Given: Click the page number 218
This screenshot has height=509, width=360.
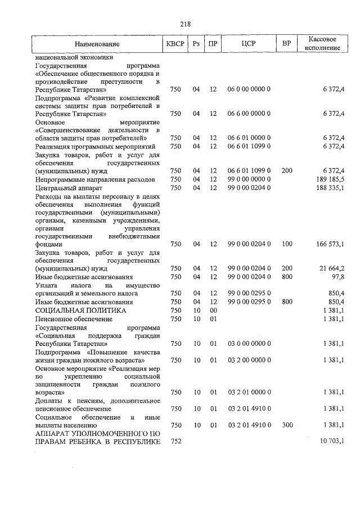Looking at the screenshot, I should tap(186, 24).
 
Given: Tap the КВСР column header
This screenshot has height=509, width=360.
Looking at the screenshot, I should tap(175, 44).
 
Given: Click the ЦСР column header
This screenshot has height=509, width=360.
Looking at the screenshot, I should tap(249, 44).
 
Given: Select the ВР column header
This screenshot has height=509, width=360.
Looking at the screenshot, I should tap(287, 44).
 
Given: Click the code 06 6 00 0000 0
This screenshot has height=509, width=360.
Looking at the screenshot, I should tap(249, 114).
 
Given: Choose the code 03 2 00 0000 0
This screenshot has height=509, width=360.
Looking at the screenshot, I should tap(249, 359).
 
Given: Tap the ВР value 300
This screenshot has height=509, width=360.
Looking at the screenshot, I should tap(287, 425).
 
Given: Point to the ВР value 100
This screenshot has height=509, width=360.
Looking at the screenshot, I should tap(287, 244).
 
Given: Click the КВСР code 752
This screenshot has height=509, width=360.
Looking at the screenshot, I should tap(175, 443).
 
